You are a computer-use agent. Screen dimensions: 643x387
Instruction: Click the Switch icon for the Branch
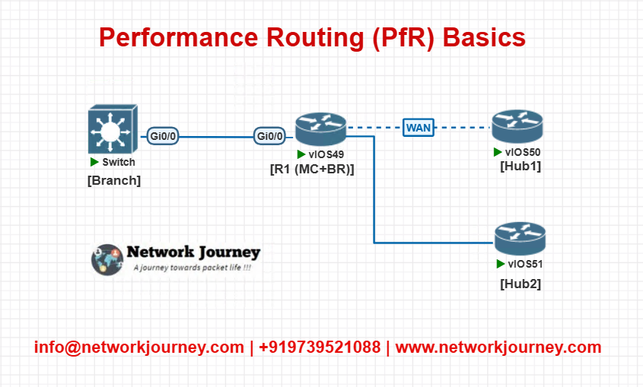click(x=113, y=129)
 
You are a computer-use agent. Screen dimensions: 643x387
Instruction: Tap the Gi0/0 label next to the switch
click(x=163, y=136)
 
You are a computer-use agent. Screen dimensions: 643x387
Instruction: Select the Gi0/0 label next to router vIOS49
click(x=269, y=136)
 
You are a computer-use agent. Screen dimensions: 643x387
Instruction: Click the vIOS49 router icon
click(x=320, y=129)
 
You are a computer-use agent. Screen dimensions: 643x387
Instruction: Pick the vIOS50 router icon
click(x=517, y=126)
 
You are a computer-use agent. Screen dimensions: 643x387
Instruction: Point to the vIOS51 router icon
click(x=520, y=239)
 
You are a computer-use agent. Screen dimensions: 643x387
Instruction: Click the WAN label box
click(x=419, y=128)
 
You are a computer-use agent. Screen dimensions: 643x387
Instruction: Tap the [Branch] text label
click(x=114, y=180)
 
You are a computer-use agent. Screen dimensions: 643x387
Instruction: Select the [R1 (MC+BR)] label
click(x=312, y=169)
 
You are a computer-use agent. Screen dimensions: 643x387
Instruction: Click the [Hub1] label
click(x=520, y=167)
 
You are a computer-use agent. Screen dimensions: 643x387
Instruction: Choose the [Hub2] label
click(x=520, y=284)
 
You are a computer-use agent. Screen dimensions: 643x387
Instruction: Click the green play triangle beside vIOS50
click(x=498, y=152)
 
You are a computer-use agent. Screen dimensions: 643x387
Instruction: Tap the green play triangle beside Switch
click(x=94, y=162)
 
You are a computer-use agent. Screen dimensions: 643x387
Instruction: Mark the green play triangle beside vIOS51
click(x=500, y=264)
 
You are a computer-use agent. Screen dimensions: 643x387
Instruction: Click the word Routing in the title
click(x=315, y=38)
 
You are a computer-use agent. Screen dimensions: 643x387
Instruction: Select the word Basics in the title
click(x=484, y=37)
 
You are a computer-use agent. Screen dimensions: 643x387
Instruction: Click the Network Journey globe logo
click(x=107, y=259)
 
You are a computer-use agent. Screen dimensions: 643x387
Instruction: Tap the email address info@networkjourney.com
click(x=139, y=347)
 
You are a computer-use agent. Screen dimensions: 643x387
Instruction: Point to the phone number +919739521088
click(x=320, y=347)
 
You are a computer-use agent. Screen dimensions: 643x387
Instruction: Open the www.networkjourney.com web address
click(x=498, y=347)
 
